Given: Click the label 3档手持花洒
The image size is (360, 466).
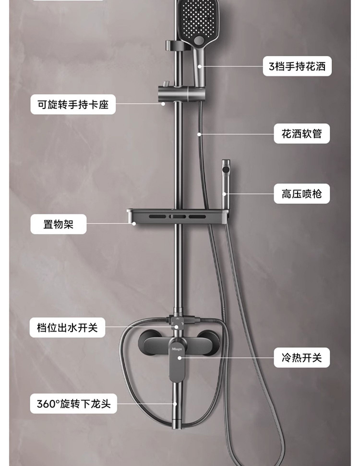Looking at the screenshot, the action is click(x=298, y=66).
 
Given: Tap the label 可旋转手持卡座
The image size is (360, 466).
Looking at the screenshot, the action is click(x=73, y=104).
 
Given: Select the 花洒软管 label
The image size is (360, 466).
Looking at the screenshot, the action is click(x=302, y=133).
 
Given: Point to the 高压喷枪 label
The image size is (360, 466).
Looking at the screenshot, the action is click(x=302, y=193).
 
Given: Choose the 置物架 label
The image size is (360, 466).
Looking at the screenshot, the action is click(x=59, y=224).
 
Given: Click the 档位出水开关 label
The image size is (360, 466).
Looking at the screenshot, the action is click(x=67, y=328).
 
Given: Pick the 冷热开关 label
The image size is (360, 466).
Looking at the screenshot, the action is click(x=302, y=358).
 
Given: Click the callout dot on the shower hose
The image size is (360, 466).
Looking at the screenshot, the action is click(x=198, y=134).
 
